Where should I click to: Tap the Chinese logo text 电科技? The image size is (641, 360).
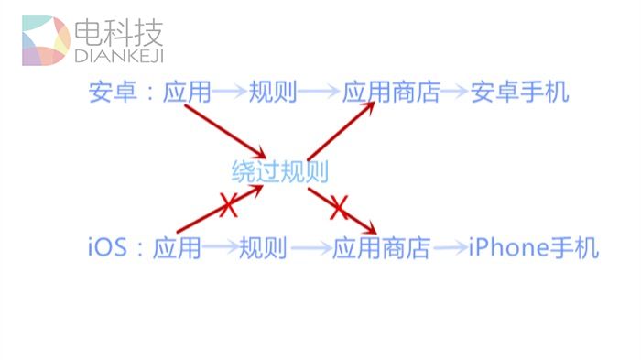pyautogui.click(x=118, y=33)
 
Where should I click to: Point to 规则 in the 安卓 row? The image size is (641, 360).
pyautogui.click(x=273, y=93)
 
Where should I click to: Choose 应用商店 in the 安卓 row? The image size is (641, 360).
pyautogui.click(x=391, y=93)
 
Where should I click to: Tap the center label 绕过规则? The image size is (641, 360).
pyautogui.click(x=279, y=171)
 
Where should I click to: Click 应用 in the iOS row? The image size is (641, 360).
pyautogui.click(x=177, y=247)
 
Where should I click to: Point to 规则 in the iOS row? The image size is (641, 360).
pyautogui.click(x=264, y=247)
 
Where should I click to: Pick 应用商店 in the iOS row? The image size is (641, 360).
pyautogui.click(x=381, y=247)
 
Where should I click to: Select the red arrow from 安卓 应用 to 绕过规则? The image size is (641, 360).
pyautogui.click(x=224, y=132)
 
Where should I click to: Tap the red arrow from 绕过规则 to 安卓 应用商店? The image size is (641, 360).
pyautogui.click(x=342, y=130)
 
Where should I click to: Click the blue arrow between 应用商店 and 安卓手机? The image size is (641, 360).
pyautogui.click(x=454, y=93)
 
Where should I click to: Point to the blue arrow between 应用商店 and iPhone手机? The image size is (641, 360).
pyautogui.click(x=449, y=247)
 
